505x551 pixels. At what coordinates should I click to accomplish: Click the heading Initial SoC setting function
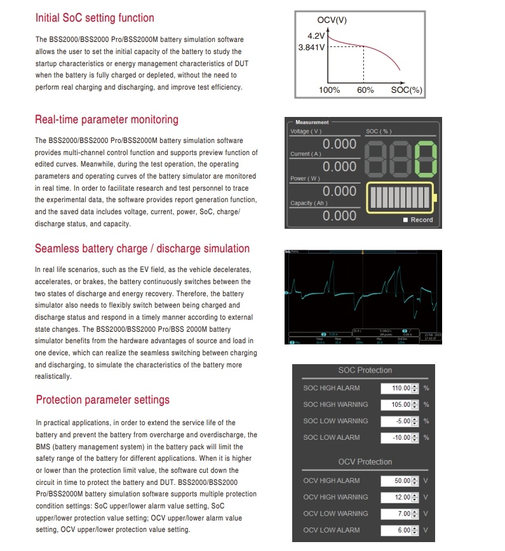[95, 18]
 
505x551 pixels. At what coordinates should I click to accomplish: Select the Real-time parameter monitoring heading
[107, 119]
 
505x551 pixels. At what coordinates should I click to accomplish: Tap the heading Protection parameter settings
[103, 400]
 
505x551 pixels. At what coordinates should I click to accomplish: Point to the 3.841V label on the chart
[311, 47]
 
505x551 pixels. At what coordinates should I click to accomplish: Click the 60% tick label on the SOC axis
[365, 90]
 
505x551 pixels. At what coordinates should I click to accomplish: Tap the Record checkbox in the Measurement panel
[405, 220]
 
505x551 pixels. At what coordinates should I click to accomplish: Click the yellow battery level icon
[400, 198]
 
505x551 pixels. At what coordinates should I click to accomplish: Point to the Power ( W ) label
[305, 179]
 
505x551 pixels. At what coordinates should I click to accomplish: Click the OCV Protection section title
[365, 462]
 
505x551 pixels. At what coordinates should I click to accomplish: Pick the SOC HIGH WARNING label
[335, 405]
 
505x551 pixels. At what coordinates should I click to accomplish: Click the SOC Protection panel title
[365, 371]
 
